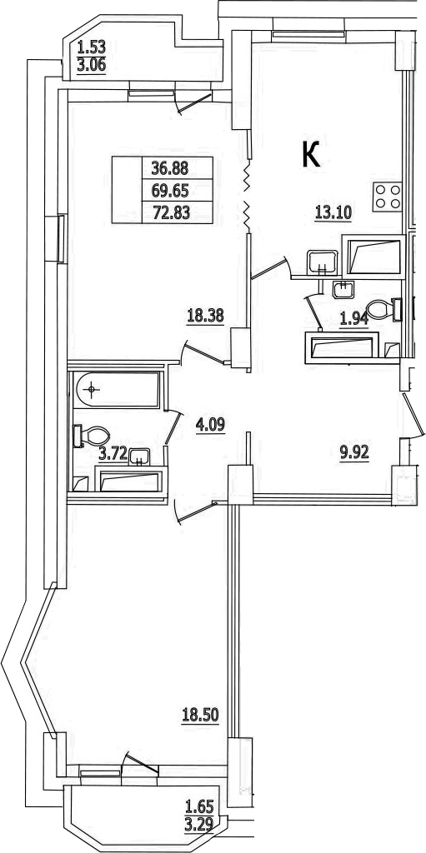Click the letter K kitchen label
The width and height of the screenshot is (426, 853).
click(x=311, y=153)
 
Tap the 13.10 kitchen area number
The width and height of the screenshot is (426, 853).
click(x=333, y=213)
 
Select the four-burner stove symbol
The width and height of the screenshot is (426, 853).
click(x=388, y=197)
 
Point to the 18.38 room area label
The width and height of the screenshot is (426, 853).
click(x=205, y=317)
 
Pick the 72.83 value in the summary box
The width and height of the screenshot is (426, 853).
click(x=171, y=212)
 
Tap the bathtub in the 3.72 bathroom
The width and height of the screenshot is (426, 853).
click(x=118, y=390)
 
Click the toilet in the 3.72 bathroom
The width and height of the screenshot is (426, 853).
click(x=91, y=436)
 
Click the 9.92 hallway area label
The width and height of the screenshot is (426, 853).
click(x=354, y=452)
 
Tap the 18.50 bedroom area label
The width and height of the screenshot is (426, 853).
click(x=200, y=714)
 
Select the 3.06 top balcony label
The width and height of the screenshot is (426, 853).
click(x=91, y=66)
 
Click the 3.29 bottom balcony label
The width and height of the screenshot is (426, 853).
click(x=199, y=821)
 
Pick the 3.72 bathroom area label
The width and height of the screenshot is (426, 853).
click(x=113, y=455)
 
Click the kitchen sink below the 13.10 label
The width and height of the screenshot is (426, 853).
click(x=322, y=262)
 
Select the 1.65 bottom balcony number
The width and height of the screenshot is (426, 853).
click(x=199, y=805)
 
